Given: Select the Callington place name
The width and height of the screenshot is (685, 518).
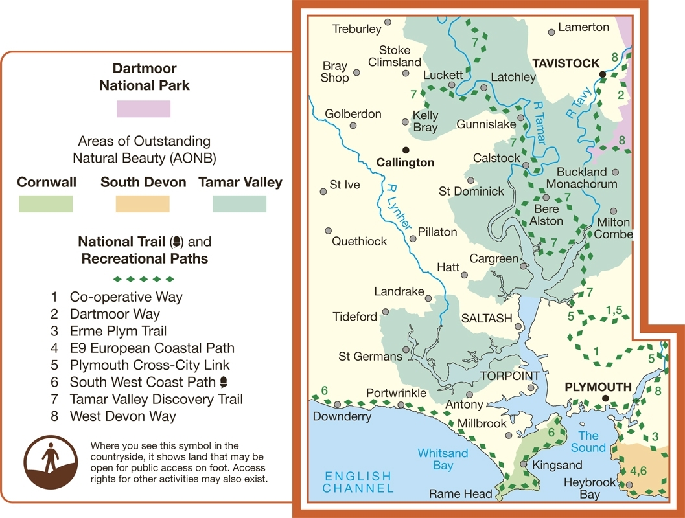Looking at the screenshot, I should tap(405, 163).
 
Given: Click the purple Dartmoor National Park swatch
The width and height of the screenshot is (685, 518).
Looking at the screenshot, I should tap(143, 109).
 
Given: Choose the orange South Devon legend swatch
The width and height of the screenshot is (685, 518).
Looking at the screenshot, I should tap(143, 204).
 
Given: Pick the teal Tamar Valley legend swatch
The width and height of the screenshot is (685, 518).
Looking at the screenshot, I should tap(239, 204).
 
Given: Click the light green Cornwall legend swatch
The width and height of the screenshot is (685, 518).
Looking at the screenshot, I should tap(45, 204).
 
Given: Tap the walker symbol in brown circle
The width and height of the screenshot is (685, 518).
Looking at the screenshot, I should tap(50, 461).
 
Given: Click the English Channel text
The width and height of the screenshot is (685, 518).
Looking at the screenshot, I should tap(356, 482).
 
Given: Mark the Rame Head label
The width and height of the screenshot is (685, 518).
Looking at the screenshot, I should tap(461, 494).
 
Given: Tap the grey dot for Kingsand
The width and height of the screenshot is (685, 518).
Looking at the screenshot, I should tap(524, 464).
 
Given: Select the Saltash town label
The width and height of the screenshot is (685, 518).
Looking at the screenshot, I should tap(486, 319).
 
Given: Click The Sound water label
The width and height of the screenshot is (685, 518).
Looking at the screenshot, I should tap(588, 442).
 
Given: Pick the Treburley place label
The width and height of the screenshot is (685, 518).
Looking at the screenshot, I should tap(356, 29).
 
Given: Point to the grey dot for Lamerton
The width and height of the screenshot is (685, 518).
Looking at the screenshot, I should tap(551, 31).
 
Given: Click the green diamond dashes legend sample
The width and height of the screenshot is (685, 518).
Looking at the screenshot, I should tap(144, 280).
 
